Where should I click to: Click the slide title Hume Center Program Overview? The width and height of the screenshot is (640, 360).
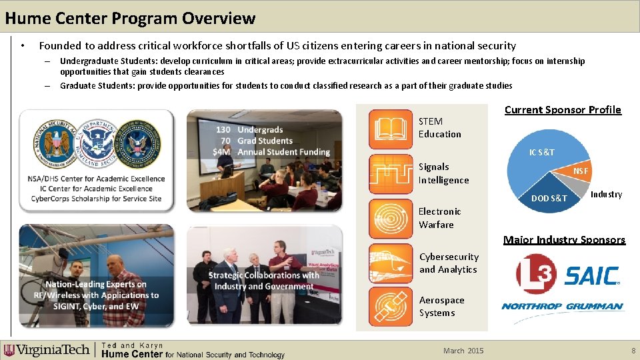click(130, 18)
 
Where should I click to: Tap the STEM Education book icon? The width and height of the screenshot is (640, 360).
click(391, 128)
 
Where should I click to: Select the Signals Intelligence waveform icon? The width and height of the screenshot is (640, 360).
click(391, 173)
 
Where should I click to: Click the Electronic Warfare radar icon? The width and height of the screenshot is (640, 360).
click(391, 218)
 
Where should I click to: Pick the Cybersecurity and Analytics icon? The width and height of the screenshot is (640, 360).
click(391, 263)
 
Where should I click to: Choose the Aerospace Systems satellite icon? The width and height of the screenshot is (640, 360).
click(391, 307)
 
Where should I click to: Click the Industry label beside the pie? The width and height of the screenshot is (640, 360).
click(606, 194)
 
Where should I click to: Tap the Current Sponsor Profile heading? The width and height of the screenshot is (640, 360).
click(563, 110)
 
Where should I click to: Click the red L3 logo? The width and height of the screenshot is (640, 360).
click(537, 274)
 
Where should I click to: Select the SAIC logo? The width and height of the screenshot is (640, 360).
click(592, 275)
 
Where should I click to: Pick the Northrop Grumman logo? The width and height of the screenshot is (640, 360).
click(562, 307)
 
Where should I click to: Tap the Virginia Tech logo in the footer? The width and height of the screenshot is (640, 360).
click(47, 350)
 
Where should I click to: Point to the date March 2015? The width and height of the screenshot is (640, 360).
click(463, 351)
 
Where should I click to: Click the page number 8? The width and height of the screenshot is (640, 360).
click(633, 351)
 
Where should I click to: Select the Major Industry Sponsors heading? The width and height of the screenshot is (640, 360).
click(564, 240)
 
